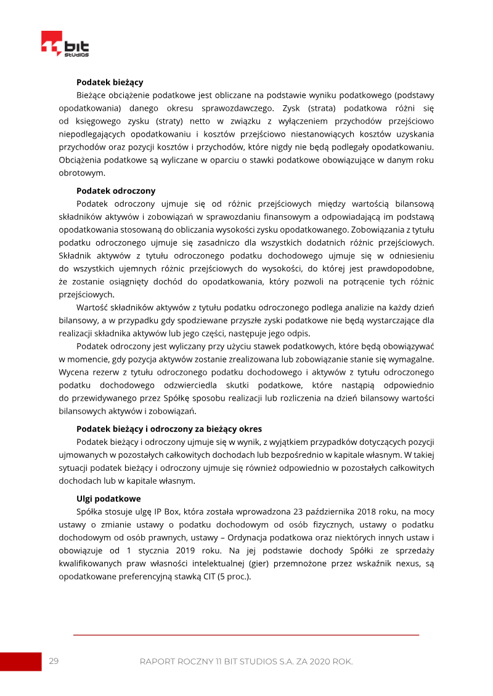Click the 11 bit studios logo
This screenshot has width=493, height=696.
click(x=65, y=44)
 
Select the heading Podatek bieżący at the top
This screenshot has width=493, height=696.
click(x=110, y=82)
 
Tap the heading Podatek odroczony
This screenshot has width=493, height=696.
click(x=116, y=191)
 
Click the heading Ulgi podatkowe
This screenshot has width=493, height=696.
click(x=108, y=498)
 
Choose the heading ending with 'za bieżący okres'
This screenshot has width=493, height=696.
click(x=169, y=429)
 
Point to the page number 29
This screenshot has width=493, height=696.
click(x=54, y=661)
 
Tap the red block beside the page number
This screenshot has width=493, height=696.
click(x=20, y=662)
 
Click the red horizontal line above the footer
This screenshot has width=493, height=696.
click(x=246, y=634)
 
